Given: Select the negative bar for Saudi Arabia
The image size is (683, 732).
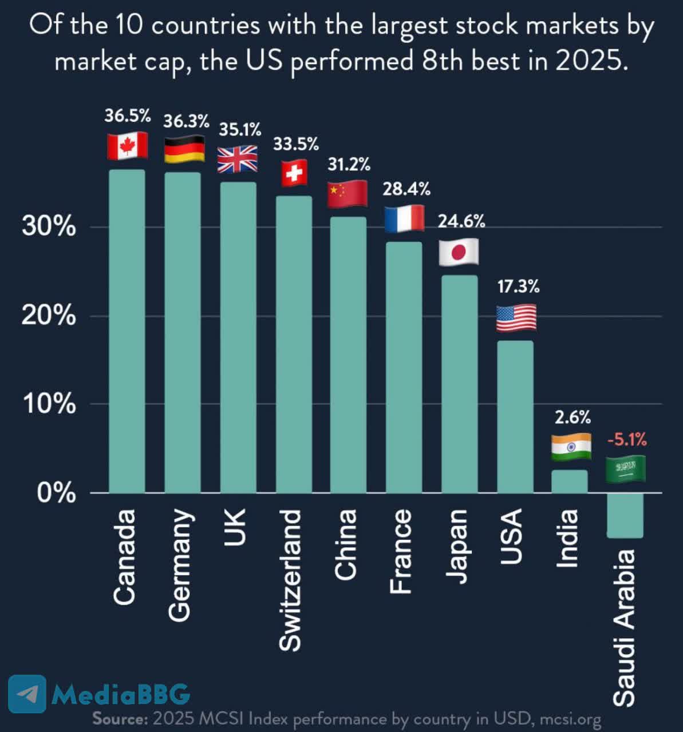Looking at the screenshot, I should point(625,515).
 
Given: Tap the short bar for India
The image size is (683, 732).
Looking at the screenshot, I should point(570,481).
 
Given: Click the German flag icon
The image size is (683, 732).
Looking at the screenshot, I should point(184,149).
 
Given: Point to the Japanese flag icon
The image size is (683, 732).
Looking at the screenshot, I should point(459,252).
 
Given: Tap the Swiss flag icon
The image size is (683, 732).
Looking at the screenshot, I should point(294,173).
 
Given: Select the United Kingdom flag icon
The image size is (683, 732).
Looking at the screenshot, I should point(238,158).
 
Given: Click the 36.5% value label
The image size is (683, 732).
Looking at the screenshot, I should point(127,116).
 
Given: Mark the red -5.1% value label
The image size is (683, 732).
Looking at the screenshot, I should point(627,440).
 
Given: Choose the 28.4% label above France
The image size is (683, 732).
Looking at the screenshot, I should point(406,189).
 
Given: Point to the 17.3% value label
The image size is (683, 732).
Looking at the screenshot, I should point(518,287).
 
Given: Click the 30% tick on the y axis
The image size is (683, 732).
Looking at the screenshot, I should point(49,227).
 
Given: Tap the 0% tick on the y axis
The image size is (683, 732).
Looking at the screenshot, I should point(56,492).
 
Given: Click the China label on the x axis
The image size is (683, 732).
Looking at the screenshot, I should point(345,544).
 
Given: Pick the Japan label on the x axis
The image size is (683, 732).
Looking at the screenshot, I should point(456,546).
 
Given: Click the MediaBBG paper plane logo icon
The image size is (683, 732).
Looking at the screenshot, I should point(27,694).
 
